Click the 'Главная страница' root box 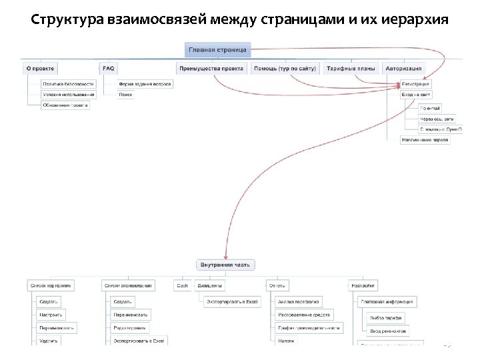[x=217, y=49]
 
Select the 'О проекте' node [x=40, y=68]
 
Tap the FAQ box [x=108, y=68]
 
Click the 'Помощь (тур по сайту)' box [x=285, y=68]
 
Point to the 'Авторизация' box [x=403, y=68]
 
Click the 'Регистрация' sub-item [x=416, y=84]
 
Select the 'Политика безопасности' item [x=68, y=84]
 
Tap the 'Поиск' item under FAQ [x=125, y=95]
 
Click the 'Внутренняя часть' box [x=225, y=265]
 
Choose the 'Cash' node [x=182, y=285]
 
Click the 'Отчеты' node [x=277, y=285]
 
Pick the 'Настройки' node [x=363, y=285]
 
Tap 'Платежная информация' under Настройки [x=388, y=301]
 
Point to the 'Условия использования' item [x=69, y=95]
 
